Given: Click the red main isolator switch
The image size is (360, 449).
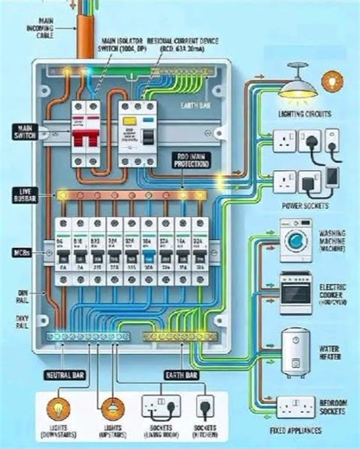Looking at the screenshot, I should point(87,134).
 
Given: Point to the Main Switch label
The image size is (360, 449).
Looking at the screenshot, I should point(19,131).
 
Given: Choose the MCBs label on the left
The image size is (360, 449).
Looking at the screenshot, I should point(20,253).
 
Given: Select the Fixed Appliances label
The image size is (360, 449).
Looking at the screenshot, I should point(300,429).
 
